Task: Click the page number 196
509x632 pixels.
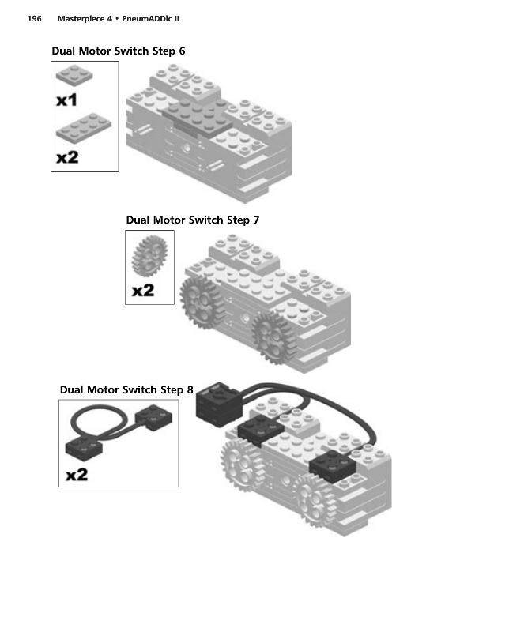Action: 34,18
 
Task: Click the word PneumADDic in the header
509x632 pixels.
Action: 147,18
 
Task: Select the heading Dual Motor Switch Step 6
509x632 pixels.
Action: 119,51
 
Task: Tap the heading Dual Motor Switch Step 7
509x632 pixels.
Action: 193,220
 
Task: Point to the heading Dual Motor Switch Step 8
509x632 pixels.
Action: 126,389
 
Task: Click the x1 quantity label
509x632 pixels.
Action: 66,100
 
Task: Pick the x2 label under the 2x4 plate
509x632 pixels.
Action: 67,157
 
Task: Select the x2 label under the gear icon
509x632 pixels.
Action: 143,290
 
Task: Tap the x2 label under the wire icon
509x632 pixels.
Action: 77,475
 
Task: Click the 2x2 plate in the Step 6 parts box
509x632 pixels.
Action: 74,75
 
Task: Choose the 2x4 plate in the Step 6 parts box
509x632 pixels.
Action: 84,128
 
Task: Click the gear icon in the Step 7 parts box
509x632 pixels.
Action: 149,256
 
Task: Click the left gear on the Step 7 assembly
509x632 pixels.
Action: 202,303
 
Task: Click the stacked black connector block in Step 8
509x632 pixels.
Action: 220,404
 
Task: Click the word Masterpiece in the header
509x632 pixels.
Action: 85,18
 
